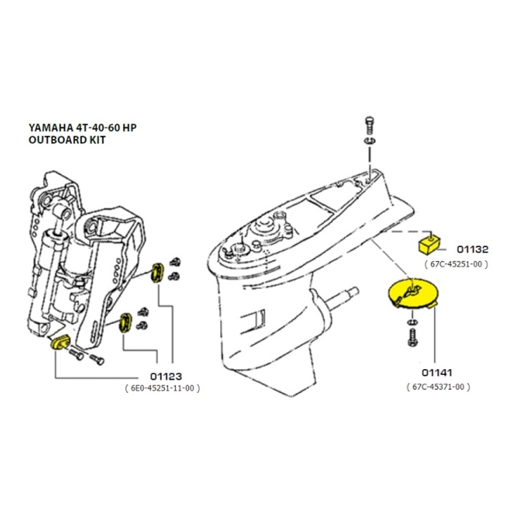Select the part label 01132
[x=473, y=249]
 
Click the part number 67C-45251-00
[x=457, y=264]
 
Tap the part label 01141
[x=439, y=373]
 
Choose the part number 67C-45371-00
[x=439, y=387]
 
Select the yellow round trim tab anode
[x=411, y=295]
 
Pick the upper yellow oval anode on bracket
[x=158, y=273]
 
